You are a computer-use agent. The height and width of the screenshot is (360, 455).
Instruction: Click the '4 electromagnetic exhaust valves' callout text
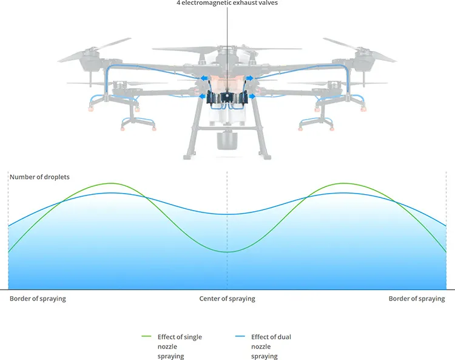(x=227, y=3)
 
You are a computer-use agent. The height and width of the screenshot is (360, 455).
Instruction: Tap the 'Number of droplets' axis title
(x=40, y=177)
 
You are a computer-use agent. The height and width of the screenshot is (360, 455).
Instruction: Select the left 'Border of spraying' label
(x=38, y=299)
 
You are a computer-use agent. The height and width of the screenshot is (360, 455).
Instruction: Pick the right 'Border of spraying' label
(x=417, y=299)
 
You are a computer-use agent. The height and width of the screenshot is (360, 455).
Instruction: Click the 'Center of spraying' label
(x=227, y=299)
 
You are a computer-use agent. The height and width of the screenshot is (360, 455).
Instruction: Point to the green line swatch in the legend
(x=147, y=336)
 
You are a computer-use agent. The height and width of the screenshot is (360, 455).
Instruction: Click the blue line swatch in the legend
(x=240, y=336)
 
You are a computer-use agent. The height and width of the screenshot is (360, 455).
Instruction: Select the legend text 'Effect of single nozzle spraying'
(x=180, y=347)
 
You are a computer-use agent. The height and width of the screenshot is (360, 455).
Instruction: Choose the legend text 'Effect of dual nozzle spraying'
(x=271, y=347)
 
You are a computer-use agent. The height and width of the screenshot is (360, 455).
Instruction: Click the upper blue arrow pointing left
(x=204, y=78)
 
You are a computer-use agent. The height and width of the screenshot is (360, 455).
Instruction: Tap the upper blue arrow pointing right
(x=249, y=78)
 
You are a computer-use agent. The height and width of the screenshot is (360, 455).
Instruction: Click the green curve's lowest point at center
(x=227, y=252)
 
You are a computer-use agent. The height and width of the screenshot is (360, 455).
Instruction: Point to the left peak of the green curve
(x=111, y=183)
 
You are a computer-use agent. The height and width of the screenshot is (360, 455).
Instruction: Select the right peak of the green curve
(x=343, y=183)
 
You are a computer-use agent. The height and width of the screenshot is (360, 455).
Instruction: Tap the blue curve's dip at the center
(x=227, y=214)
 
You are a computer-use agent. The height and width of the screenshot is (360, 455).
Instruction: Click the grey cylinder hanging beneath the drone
(x=227, y=141)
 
